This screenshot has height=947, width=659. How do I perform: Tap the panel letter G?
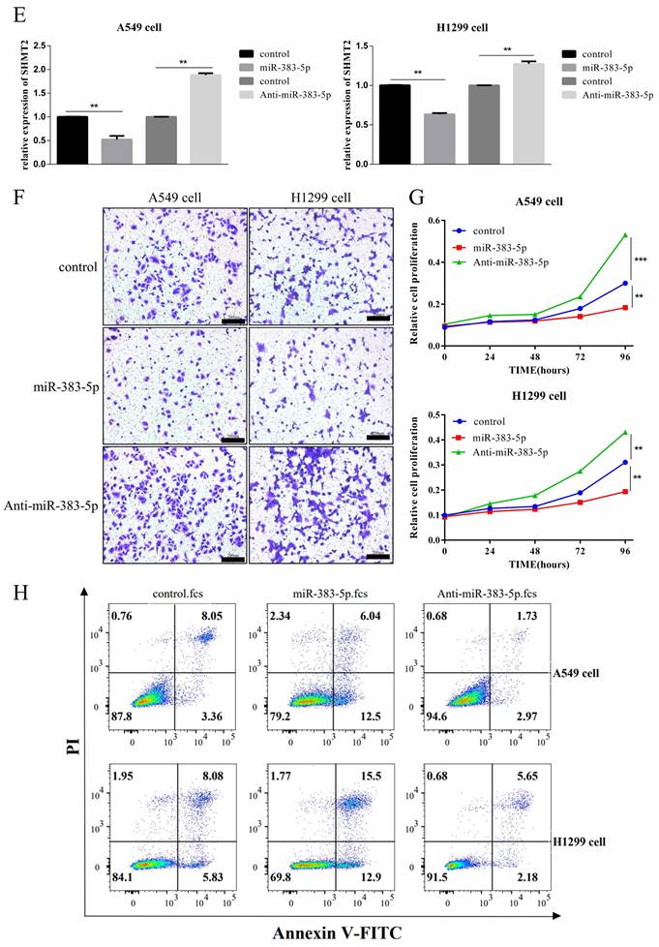click(x=418, y=199)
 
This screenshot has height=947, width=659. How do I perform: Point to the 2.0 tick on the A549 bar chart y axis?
click(x=45, y=70)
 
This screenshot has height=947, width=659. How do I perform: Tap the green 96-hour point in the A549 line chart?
click(x=625, y=235)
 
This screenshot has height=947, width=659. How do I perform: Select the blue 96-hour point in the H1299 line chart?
click(x=625, y=462)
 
